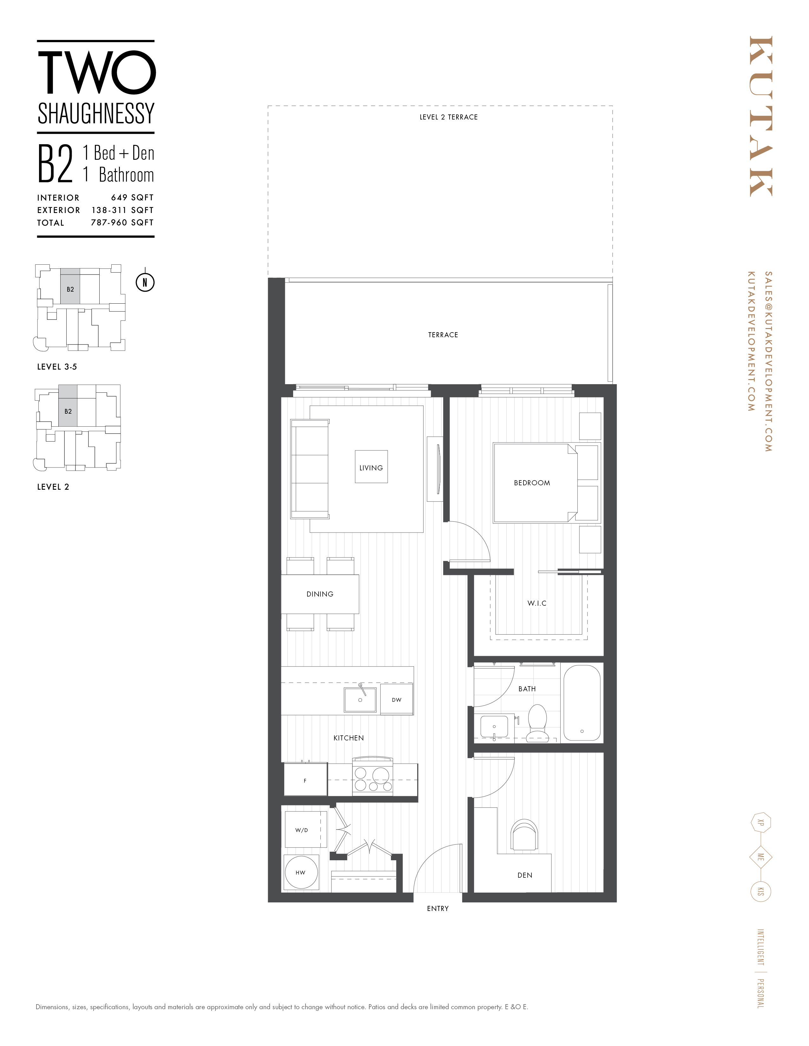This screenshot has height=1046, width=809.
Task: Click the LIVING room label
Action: coord(371,468)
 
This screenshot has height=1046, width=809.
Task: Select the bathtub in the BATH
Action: coord(581,703)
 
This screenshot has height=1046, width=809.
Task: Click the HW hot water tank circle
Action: coord(300,872)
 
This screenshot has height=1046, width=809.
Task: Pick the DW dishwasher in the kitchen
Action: coord(396,700)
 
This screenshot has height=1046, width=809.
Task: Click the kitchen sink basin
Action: coord(360,700)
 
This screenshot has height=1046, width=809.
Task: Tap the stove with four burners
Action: coord(372,779)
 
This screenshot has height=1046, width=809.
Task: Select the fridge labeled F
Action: coord(305,781)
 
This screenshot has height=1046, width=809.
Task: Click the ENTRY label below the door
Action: coord(437,908)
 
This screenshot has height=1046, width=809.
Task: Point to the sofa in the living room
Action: coord(310,469)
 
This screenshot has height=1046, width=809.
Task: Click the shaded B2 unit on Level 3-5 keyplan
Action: coord(70,289)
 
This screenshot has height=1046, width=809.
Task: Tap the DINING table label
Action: coord(320,594)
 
